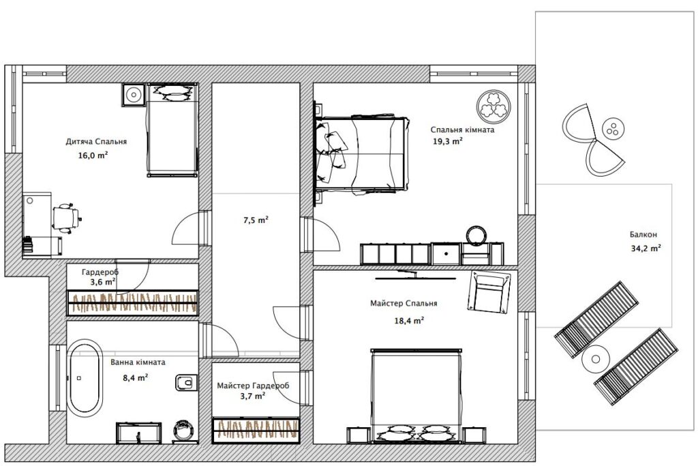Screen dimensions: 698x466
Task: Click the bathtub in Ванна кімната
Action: coord(85,378)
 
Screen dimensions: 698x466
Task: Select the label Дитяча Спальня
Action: coord(96,142)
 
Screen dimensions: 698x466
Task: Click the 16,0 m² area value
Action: coord(93,156)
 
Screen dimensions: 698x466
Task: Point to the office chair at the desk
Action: coord(66,218)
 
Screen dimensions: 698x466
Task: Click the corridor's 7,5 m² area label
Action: coord(256,220)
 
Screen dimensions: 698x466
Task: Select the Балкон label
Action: coord(643,234)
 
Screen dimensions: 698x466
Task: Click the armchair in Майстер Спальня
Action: coord(488,292)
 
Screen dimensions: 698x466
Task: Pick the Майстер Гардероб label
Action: coord(253,385)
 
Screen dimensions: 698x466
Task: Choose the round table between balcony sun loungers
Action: coord(595,359)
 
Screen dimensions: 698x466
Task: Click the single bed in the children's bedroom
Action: coord(172,130)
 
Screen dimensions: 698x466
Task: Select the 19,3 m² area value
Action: coord(447,142)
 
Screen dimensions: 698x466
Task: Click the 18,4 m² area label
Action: coord(409,320)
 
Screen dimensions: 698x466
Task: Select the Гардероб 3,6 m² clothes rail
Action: coord(133,303)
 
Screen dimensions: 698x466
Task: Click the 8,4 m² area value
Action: coord(136,378)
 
